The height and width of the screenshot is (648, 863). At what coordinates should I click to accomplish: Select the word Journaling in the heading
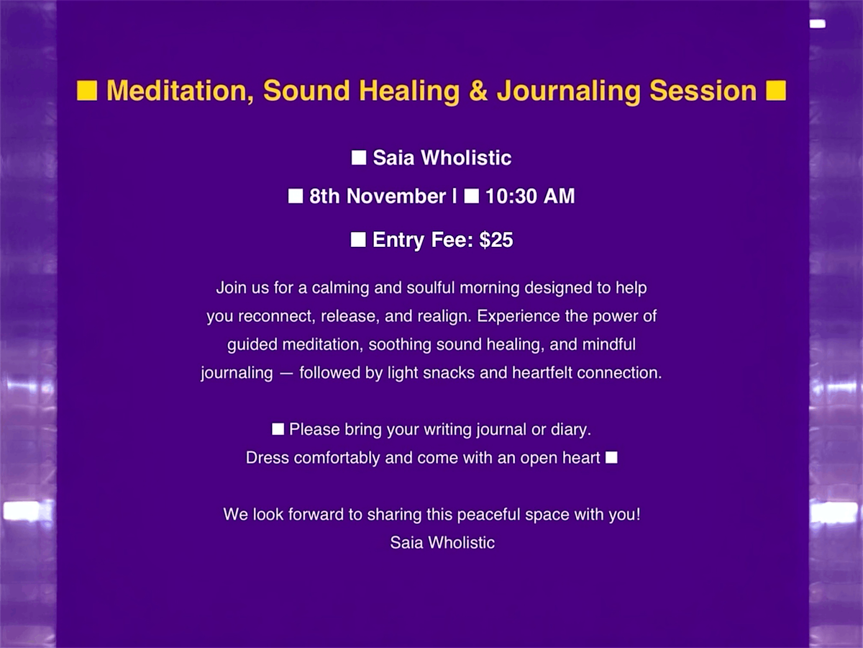(568, 91)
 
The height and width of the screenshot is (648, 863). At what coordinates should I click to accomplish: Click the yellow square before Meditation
(87, 91)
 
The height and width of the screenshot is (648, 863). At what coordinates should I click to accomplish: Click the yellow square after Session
(776, 91)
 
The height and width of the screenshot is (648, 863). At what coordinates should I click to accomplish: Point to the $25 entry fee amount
(496, 240)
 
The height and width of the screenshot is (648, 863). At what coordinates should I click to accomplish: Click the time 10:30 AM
(530, 197)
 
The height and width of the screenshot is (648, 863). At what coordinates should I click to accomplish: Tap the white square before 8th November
(296, 197)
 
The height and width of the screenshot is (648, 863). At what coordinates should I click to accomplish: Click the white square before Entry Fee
(358, 240)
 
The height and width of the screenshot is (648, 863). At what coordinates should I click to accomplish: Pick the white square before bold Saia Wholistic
(359, 158)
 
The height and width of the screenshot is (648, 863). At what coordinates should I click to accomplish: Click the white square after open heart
(611, 458)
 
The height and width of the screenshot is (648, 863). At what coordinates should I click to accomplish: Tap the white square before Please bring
(278, 430)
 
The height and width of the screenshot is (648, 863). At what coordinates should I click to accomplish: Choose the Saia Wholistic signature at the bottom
(442, 542)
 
